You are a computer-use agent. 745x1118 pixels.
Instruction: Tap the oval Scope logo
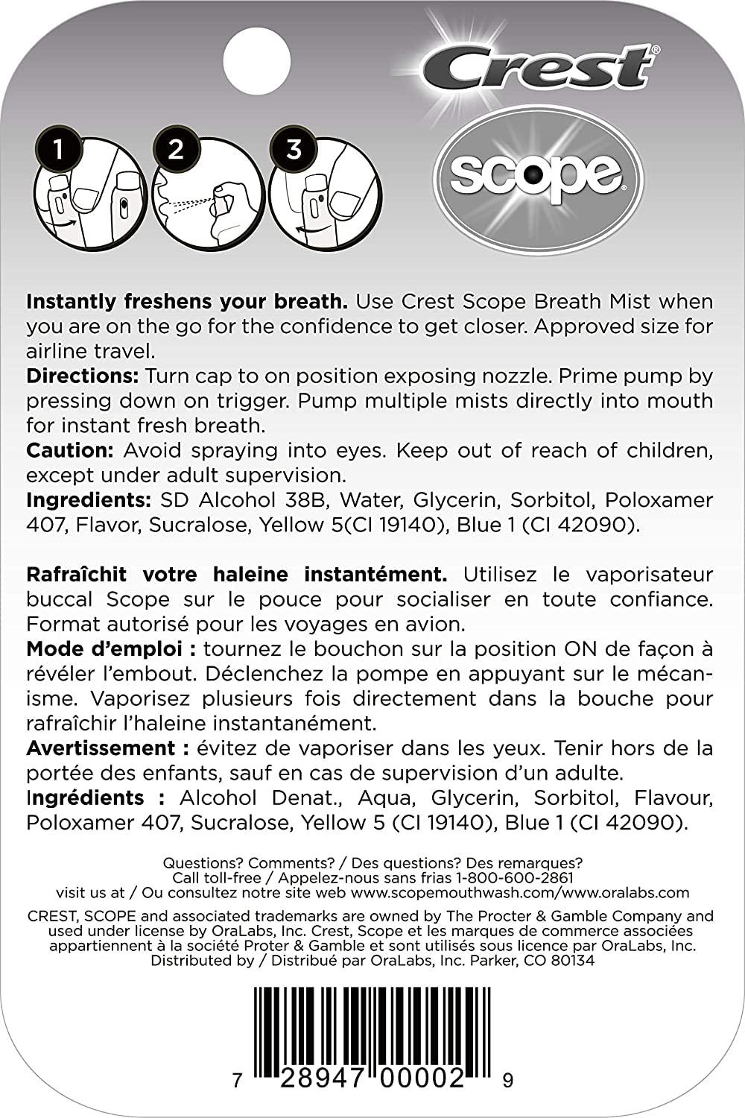pos(537,174)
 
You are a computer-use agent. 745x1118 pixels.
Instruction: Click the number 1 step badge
pos(58,149)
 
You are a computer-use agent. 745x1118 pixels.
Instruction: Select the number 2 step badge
pos(176,149)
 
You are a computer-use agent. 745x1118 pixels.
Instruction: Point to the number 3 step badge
pos(294,149)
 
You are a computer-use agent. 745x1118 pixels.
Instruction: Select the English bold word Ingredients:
pos(88,499)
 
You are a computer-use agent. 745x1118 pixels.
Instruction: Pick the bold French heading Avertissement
pos(101,748)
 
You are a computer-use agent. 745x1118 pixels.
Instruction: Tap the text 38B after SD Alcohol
pos(303,499)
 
